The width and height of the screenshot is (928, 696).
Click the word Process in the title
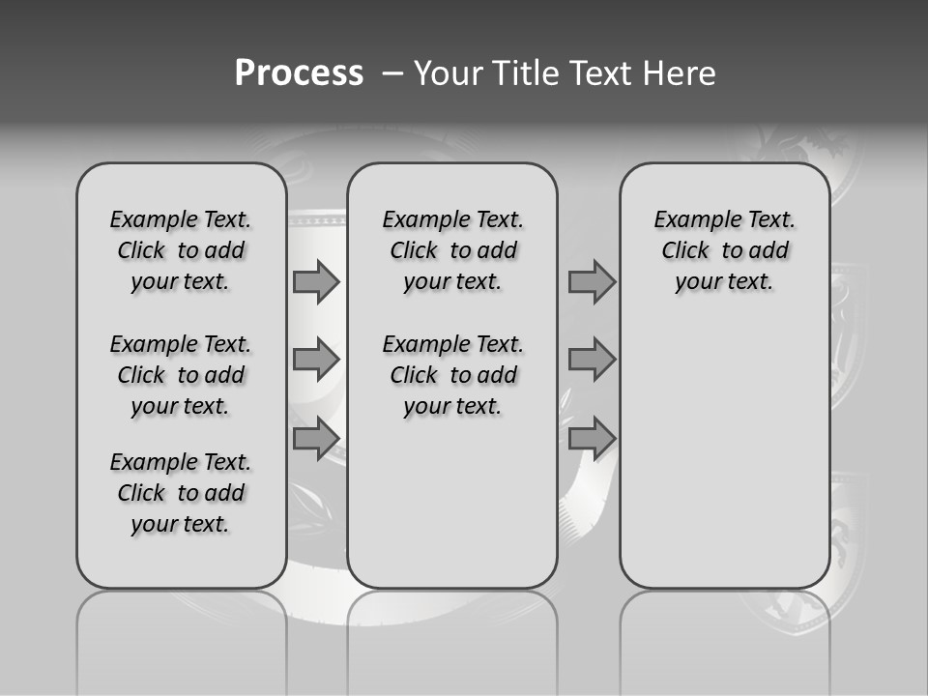[299, 73]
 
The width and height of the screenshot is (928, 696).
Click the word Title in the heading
[524, 73]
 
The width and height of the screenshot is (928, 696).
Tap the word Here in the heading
[681, 73]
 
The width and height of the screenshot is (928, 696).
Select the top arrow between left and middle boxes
[316, 282]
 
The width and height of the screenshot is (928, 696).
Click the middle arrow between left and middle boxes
[316, 360]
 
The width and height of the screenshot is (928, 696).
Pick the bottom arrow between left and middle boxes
[316, 438]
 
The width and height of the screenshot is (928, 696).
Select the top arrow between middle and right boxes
[592, 282]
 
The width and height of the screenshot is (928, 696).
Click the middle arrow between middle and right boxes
[592, 360]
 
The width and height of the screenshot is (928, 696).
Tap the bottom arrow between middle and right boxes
[592, 438]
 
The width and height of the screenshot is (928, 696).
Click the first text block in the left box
[181, 250]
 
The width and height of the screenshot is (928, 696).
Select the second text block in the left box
[181, 375]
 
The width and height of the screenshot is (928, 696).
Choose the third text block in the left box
[181, 493]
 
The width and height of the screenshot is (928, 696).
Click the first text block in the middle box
[452, 250]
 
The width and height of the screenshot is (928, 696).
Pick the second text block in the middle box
[452, 375]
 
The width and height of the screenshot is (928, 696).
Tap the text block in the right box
[724, 250]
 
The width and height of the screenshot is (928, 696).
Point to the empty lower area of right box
[724, 454]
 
